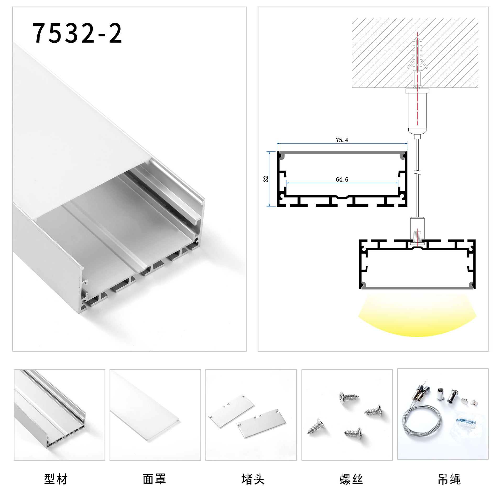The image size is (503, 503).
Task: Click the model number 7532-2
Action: [x=77, y=33]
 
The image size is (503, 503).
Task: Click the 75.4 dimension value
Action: [x=342, y=140]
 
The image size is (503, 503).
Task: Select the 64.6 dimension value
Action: [x=342, y=179]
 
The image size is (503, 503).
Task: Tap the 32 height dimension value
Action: [x=266, y=179]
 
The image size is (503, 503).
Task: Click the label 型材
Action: [x=56, y=479]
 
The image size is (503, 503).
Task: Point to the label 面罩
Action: [x=154, y=479]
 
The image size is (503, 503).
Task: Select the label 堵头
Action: [x=253, y=479]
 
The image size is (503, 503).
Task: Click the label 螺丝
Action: [x=351, y=479]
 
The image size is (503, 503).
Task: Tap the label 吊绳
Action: [x=449, y=479]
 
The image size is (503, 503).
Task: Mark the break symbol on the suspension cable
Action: [x=417, y=173]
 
